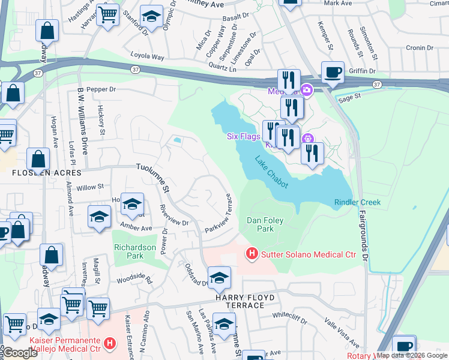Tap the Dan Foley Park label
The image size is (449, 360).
click(265, 224)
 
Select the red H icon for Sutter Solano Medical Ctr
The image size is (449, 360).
click(252, 255)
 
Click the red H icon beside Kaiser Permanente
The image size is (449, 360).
click(109, 344)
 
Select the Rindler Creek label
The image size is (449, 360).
click(357, 202)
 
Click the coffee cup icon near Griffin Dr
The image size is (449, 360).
click(333, 73)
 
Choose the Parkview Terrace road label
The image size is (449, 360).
click(218, 214)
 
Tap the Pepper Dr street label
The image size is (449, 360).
click(100, 89)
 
